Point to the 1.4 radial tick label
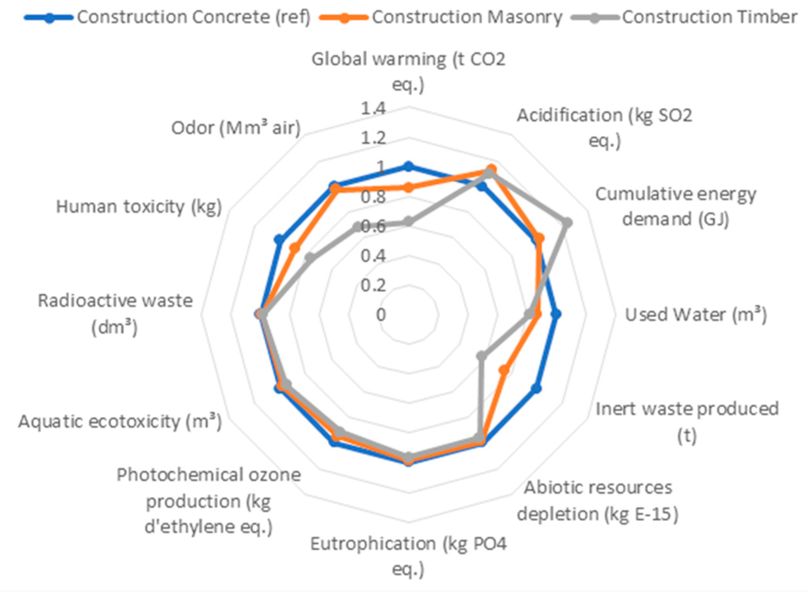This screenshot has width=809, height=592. click(373, 108)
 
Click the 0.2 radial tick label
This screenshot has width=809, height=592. click(373, 285)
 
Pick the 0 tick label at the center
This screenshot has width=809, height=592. click(381, 315)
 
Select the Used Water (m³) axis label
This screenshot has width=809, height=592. click(695, 315)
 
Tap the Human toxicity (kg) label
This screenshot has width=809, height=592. click(139, 207)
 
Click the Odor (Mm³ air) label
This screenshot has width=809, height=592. click(236, 128)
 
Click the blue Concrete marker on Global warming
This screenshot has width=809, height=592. click(409, 167)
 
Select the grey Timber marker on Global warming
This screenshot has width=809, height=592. click(409, 221)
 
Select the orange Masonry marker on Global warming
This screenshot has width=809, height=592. click(409, 188)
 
